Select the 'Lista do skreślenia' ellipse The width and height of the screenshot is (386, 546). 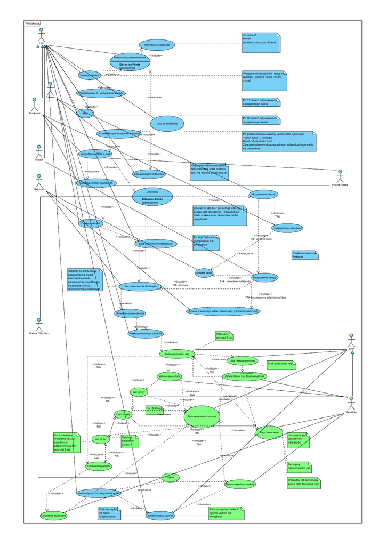point(167,123)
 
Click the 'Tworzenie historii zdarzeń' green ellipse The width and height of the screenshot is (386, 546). point(203,416)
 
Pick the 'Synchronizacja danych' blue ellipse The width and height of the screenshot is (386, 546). point(160,516)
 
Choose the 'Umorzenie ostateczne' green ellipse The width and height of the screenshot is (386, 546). point(54,516)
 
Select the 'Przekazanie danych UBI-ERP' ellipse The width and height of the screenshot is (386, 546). point(145,333)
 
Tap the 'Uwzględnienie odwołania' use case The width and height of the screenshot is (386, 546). point(287,228)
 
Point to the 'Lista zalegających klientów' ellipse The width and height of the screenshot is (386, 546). point(149,174)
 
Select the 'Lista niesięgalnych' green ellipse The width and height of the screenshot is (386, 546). point(99,465)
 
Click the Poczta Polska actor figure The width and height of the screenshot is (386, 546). point(340,175)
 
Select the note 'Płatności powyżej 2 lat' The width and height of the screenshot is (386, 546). point(224,336)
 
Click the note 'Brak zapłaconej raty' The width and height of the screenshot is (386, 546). point(282,363)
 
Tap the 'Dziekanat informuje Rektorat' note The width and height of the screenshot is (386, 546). point(304,255)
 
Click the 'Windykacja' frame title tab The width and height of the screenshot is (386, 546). point(33,23)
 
